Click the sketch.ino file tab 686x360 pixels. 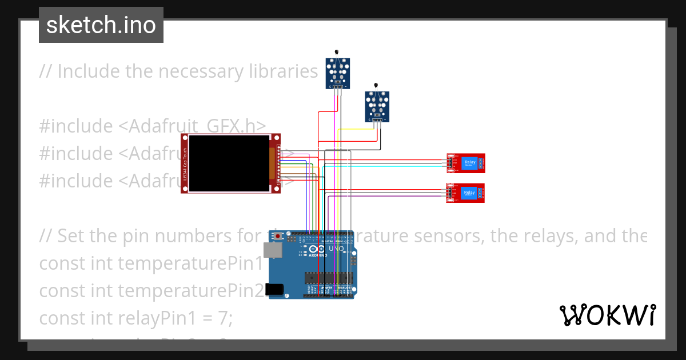[x=101, y=25]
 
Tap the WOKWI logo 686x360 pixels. [x=607, y=315]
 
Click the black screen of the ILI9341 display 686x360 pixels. [x=229, y=163]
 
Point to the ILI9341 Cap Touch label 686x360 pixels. [x=185, y=163]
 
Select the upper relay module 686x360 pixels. [x=465, y=163]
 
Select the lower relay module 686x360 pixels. [x=465, y=193]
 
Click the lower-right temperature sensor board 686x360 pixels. [x=377, y=106]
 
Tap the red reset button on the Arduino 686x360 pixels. [x=278, y=235]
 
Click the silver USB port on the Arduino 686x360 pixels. [x=273, y=250]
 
